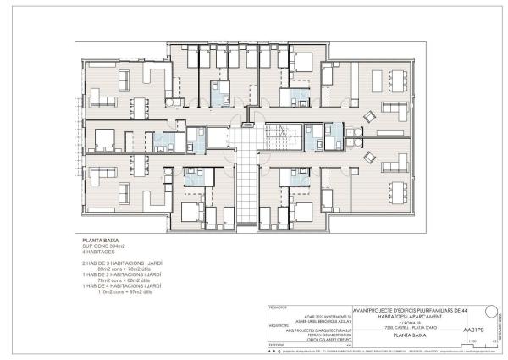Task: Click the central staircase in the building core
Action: pyautogui.click(x=274, y=136)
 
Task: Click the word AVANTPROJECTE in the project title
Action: pyautogui.click(x=378, y=308)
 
